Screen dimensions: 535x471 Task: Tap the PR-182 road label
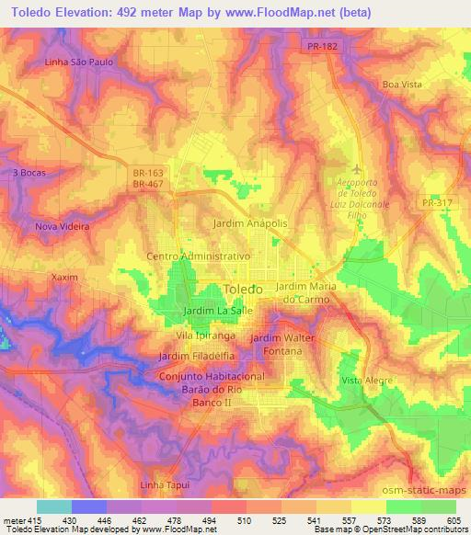coord(321,45)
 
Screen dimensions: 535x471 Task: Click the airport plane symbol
coord(358,168)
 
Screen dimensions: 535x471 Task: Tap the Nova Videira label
coord(62,225)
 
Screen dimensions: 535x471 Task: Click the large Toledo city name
coord(244,289)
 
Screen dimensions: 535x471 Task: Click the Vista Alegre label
coord(366,380)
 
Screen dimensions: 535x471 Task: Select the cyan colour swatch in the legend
coord(54,507)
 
